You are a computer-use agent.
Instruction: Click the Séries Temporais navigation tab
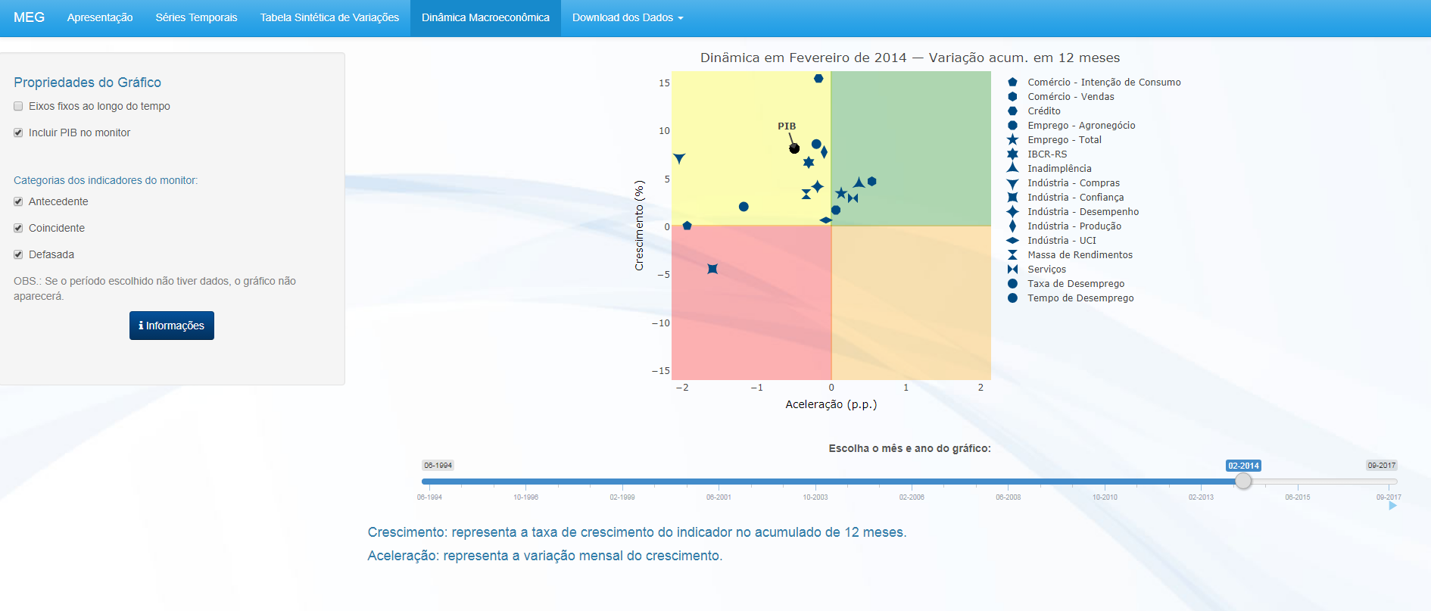tap(196, 17)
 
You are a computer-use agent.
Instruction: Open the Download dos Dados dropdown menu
tap(627, 17)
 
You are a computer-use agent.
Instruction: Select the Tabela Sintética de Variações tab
tap(329, 17)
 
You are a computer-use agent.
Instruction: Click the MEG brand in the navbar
tap(29, 17)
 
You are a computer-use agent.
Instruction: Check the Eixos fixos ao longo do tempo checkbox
tap(18, 107)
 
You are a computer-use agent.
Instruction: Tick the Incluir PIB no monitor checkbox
tap(18, 133)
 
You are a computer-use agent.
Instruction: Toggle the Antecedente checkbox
tap(18, 202)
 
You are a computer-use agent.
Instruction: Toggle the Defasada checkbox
tap(18, 255)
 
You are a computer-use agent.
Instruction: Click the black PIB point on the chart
tap(794, 148)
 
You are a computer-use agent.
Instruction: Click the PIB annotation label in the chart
tap(787, 126)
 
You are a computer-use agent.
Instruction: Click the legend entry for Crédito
tap(1043, 111)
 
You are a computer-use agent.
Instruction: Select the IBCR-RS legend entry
tap(1046, 154)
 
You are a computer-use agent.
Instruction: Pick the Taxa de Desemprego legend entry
tap(1075, 284)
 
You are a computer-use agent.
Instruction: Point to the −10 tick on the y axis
tap(661, 323)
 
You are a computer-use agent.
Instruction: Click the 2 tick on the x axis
tap(980, 388)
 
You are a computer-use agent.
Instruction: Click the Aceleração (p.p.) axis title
tap(831, 404)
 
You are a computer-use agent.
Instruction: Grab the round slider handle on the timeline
tap(1243, 482)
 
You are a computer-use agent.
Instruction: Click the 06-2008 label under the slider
tap(1008, 497)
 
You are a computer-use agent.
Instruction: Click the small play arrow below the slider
tap(1392, 506)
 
